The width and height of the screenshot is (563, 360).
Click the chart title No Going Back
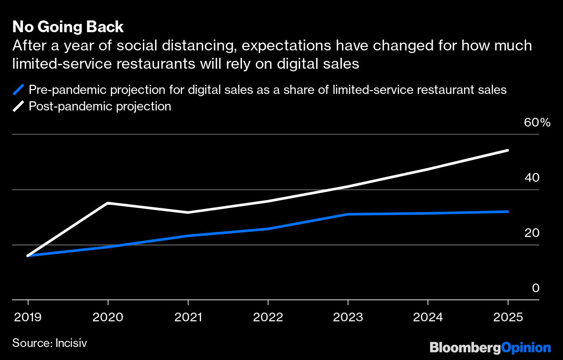pos(68,27)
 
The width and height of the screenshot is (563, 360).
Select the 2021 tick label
pos(188,317)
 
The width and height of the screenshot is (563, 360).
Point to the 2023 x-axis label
pos(348,317)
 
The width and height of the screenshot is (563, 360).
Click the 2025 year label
pos(507,317)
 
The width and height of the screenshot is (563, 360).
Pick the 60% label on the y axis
pos(537,123)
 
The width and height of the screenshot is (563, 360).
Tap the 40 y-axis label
pos(532,177)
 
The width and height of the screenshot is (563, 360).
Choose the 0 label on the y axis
pos(535,288)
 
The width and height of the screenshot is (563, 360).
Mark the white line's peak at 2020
pos(108,203)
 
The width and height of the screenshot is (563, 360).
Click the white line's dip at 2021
pos(188,212)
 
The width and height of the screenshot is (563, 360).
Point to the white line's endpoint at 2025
pos(507,150)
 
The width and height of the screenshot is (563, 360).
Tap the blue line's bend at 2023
pos(348,214)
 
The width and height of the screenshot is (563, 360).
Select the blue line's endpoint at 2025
pos(507,212)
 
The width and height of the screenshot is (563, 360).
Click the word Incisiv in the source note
pos(71,343)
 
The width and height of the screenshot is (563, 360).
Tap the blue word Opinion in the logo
pos(526,348)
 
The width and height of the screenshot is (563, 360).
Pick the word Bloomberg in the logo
pos(465,348)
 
